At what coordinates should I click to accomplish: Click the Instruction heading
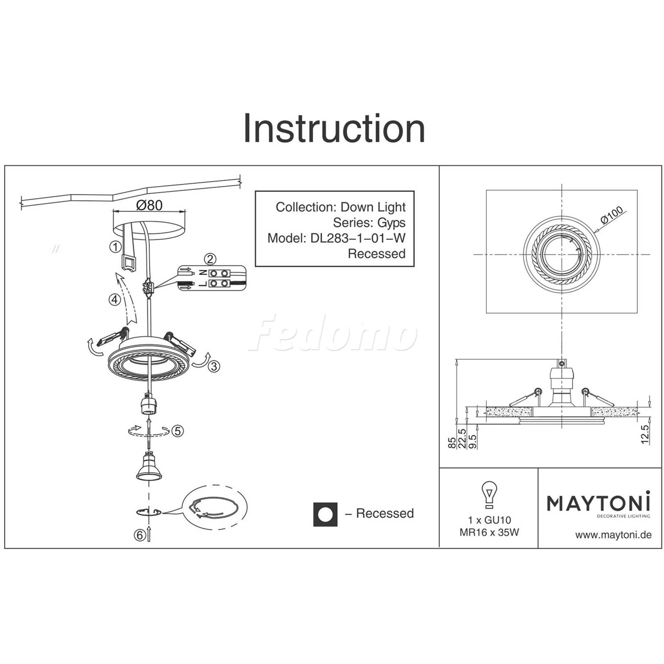pyautogui.click(x=334, y=128)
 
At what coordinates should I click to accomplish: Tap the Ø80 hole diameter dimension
pyautogui.click(x=149, y=206)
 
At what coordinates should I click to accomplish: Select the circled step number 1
pyautogui.click(x=116, y=246)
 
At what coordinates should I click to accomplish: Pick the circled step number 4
pyautogui.click(x=115, y=300)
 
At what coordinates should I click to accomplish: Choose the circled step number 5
pyautogui.click(x=177, y=431)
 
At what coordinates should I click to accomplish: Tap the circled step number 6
pyautogui.click(x=139, y=535)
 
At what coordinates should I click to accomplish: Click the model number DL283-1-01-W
pyautogui.click(x=358, y=238)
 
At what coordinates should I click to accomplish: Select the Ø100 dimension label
pyautogui.click(x=612, y=215)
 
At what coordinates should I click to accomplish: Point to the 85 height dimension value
pyautogui.click(x=452, y=443)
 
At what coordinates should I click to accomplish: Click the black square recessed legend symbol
pyautogui.click(x=325, y=515)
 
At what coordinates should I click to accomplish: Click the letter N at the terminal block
pyautogui.click(x=203, y=273)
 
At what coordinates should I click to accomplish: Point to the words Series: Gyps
pyautogui.click(x=369, y=223)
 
